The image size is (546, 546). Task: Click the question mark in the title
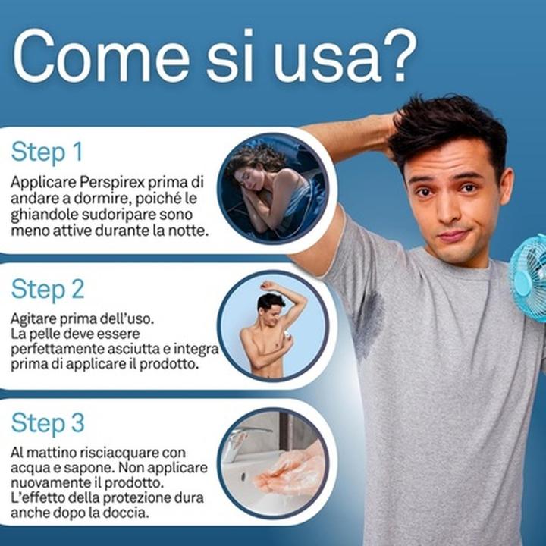(396, 55)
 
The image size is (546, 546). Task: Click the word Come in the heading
(101, 55)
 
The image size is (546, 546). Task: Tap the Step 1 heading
(47, 152)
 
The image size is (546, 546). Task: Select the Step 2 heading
(48, 289)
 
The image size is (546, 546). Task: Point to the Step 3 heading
(48, 423)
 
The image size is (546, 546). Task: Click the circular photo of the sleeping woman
(273, 188)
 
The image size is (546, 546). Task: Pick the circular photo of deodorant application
(273, 325)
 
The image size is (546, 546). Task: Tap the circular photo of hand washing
(273, 463)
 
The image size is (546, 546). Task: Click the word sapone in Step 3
(93, 469)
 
